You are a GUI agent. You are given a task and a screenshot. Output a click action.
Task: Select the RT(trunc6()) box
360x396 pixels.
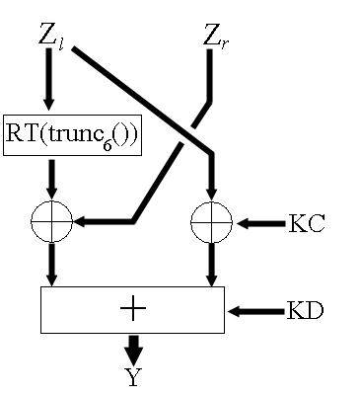(x=72, y=135)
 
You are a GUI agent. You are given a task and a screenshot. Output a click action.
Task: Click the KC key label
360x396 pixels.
(x=307, y=223)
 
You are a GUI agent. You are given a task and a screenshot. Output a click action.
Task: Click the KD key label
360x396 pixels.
(x=305, y=310)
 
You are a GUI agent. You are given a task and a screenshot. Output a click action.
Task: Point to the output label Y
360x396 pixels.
(x=133, y=377)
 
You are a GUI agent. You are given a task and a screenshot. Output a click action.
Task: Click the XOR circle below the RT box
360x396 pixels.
(x=51, y=221)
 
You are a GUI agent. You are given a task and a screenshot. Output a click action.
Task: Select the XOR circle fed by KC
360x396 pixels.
(x=211, y=222)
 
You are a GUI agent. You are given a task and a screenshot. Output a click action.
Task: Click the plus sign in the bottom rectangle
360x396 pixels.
(x=133, y=308)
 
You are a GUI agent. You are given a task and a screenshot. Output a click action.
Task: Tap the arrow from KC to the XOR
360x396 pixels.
(x=260, y=224)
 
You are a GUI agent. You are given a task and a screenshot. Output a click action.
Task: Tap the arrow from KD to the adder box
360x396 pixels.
(x=256, y=311)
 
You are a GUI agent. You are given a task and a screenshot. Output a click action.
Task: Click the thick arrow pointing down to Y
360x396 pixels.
(x=133, y=351)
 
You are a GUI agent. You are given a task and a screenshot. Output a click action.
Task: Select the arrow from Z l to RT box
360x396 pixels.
(x=48, y=79)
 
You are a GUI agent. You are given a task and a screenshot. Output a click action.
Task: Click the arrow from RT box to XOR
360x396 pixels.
(x=51, y=180)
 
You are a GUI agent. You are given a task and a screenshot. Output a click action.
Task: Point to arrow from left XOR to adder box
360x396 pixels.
(x=51, y=265)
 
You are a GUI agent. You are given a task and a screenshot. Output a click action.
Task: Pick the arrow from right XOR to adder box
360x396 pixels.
(x=211, y=265)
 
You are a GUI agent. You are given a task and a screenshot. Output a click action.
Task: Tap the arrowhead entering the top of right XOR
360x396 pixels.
(x=211, y=195)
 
